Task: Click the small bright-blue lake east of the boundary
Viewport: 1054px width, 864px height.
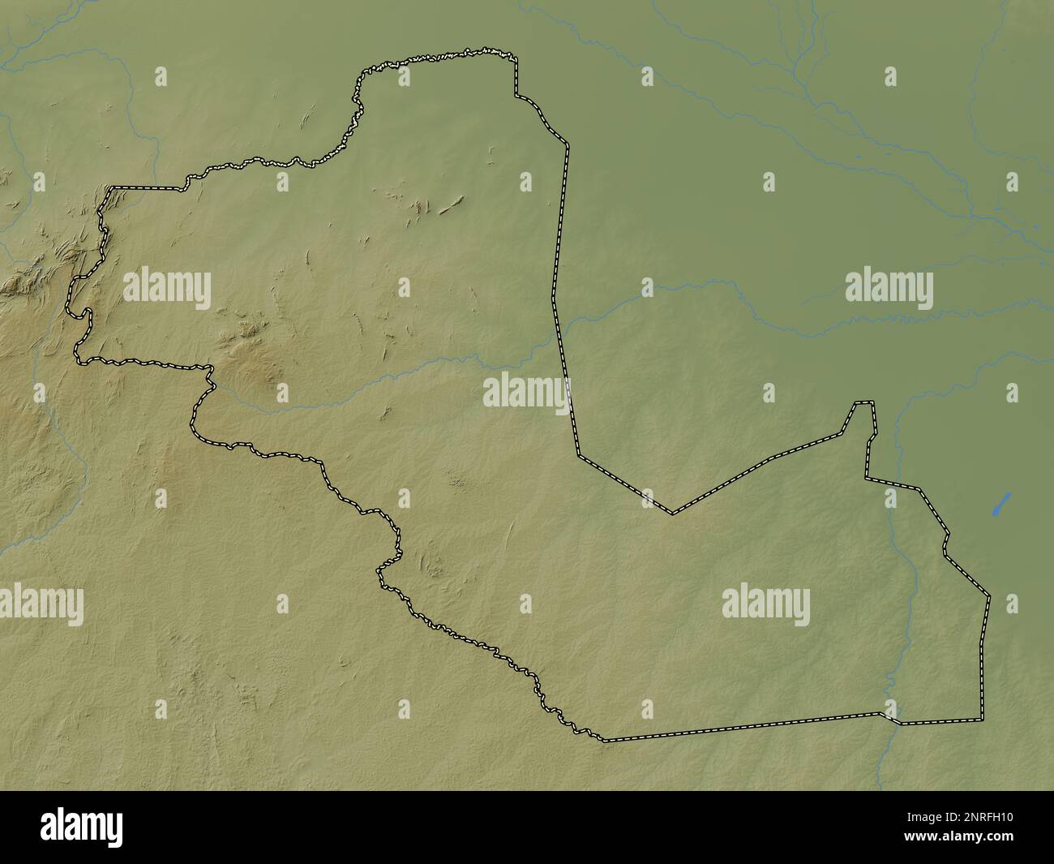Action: tap(1002, 504)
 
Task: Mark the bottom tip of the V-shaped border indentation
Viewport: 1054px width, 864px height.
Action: tap(671, 513)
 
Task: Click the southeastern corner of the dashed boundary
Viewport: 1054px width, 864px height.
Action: tap(981, 720)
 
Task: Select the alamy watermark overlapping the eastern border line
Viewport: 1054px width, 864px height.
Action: tap(527, 392)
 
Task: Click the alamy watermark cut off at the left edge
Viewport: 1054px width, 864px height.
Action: tap(41, 604)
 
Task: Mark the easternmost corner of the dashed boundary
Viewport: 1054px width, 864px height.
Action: tap(989, 597)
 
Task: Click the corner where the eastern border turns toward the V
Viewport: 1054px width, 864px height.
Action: tap(578, 456)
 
